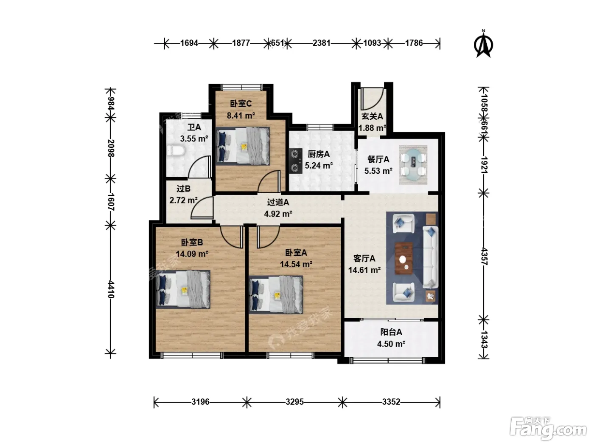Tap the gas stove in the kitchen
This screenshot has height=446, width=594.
[x=296, y=161]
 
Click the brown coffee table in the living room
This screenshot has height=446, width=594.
[x=403, y=258]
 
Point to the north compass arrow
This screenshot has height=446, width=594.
[x=483, y=44]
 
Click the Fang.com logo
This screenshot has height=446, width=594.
[x=548, y=429]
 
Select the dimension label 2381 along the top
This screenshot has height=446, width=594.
[x=322, y=43]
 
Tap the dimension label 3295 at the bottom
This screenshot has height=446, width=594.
[x=294, y=401]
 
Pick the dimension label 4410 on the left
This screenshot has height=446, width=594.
[x=111, y=290]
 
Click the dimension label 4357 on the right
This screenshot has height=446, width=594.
[x=484, y=256]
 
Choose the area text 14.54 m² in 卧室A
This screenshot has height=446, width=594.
[x=296, y=264]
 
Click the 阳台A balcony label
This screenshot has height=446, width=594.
[x=391, y=332]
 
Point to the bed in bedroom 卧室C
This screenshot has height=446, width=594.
[x=243, y=146]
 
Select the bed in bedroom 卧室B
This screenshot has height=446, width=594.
[x=183, y=289]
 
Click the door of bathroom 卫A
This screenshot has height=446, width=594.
[x=199, y=167]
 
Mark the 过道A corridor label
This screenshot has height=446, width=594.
[x=278, y=202]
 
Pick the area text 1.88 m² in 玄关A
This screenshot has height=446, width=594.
[x=372, y=128]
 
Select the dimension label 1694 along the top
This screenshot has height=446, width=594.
[x=189, y=43]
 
